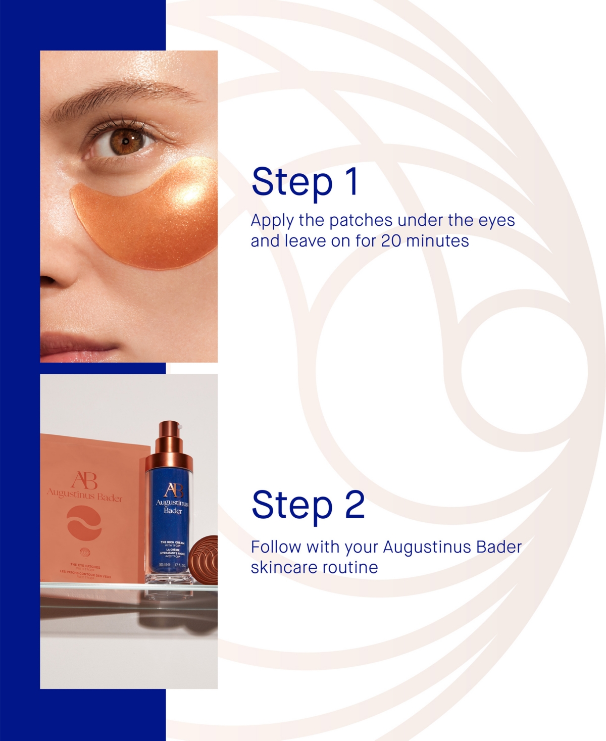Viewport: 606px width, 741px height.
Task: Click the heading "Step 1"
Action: coord(305,182)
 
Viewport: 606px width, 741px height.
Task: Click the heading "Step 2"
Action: coord(308,505)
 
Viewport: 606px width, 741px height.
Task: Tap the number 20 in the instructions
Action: coord(391,241)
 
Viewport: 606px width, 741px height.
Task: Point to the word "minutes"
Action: coord(437,241)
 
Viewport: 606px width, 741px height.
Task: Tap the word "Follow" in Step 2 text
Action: coord(276,547)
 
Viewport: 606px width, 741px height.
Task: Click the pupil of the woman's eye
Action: coord(125,141)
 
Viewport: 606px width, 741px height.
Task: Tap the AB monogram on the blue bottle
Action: coord(173,489)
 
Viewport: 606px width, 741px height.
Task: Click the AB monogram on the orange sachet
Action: coord(84,480)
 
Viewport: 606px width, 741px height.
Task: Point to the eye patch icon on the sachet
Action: coord(84,523)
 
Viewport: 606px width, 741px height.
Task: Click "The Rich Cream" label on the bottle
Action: coord(172,542)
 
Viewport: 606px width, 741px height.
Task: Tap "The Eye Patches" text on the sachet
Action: coord(85,566)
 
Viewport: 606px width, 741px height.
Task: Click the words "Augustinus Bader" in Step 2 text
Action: coord(452,547)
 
